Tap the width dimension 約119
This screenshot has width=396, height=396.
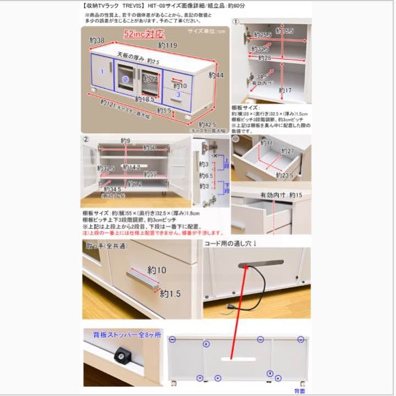(168, 45)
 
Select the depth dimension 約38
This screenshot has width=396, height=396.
(97, 40)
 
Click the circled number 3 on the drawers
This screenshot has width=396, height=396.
(178, 95)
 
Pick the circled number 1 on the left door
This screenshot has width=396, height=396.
(102, 72)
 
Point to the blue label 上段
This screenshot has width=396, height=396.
(226, 164)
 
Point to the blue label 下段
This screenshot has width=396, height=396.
(226, 187)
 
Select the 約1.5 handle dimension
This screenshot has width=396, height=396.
(170, 294)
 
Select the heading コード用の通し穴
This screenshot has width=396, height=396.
(231, 243)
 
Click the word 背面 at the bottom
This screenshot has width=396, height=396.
(300, 391)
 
